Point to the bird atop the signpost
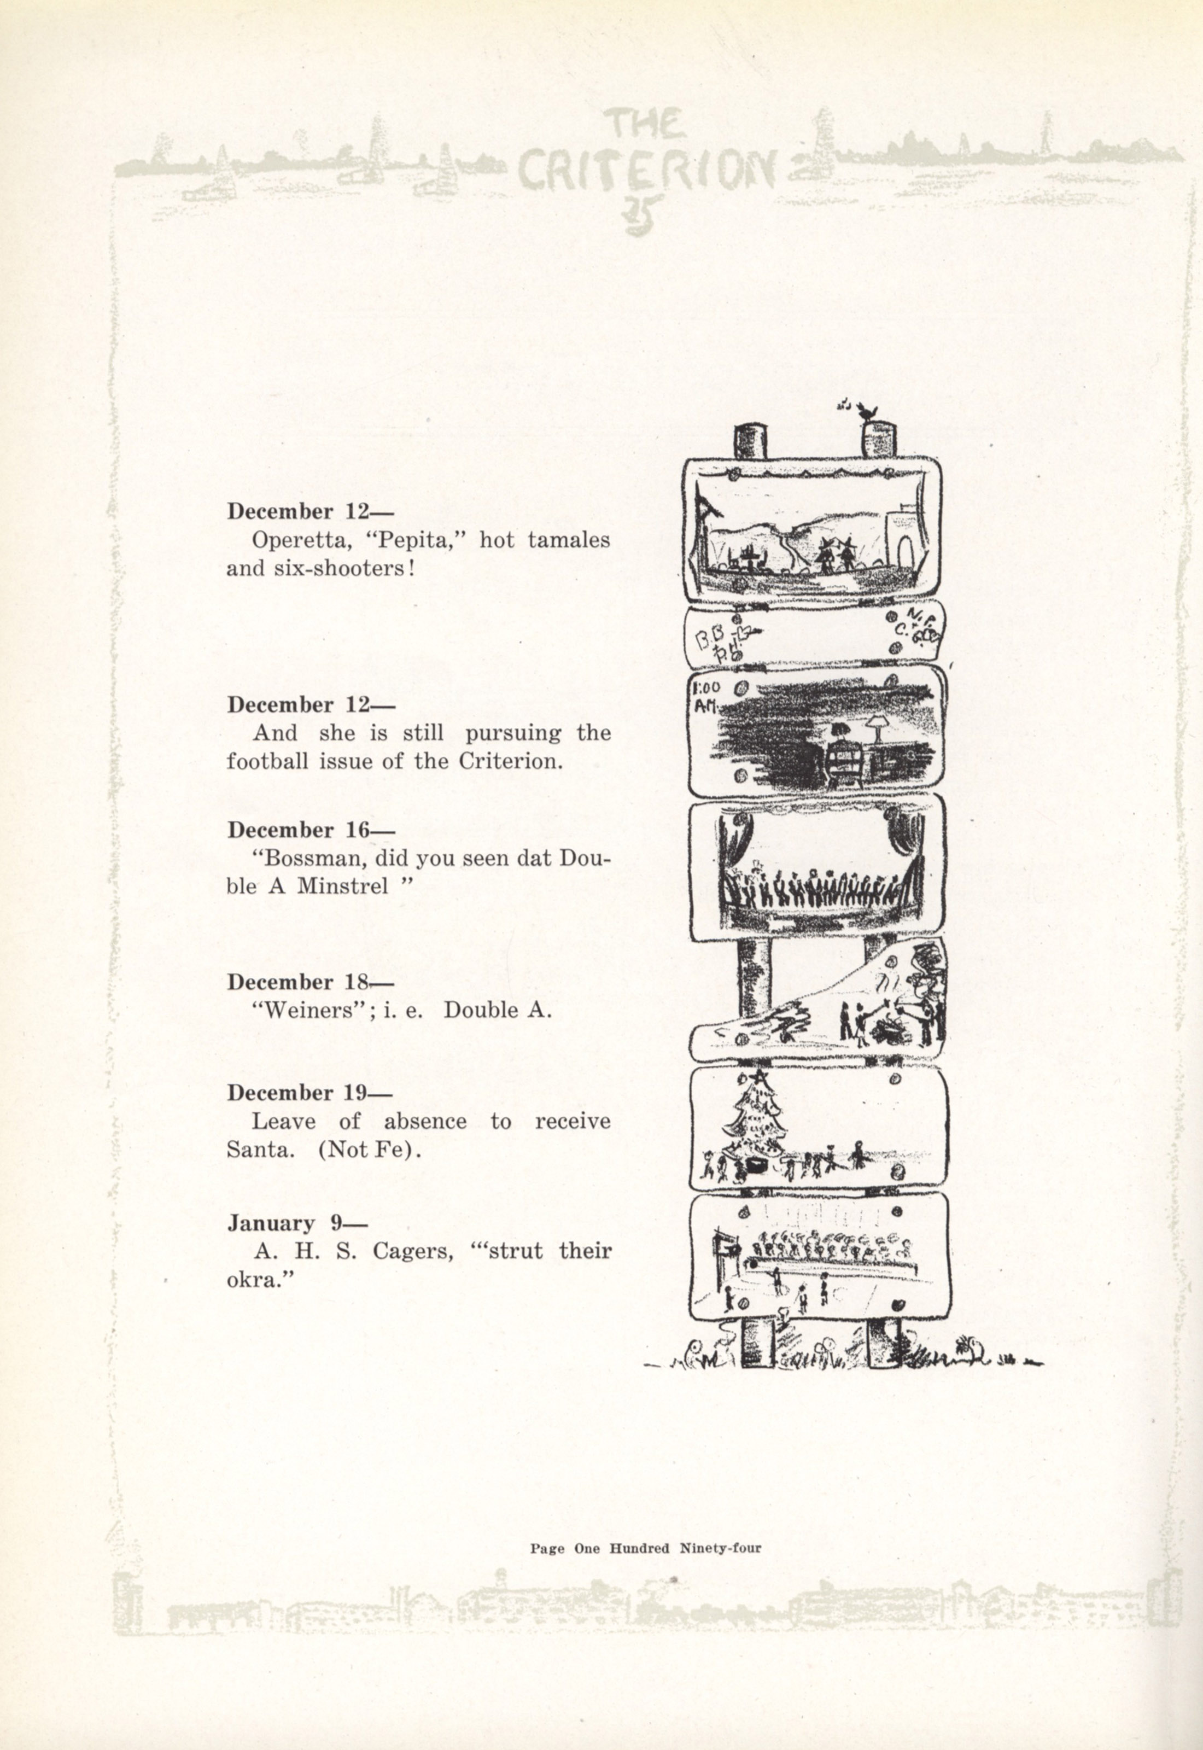point(871,411)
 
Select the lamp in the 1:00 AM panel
point(877,725)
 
